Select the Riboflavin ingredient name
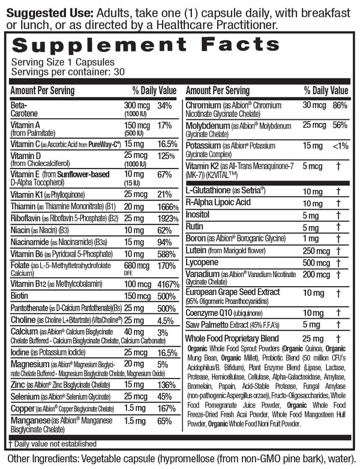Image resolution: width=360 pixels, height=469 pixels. click(25, 218)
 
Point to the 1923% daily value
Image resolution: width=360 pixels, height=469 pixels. click(167, 218)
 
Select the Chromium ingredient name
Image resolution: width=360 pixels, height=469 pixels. click(205, 104)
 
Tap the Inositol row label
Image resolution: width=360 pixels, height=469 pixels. click(200, 215)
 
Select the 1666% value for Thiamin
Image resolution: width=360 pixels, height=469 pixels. click(167, 205)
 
